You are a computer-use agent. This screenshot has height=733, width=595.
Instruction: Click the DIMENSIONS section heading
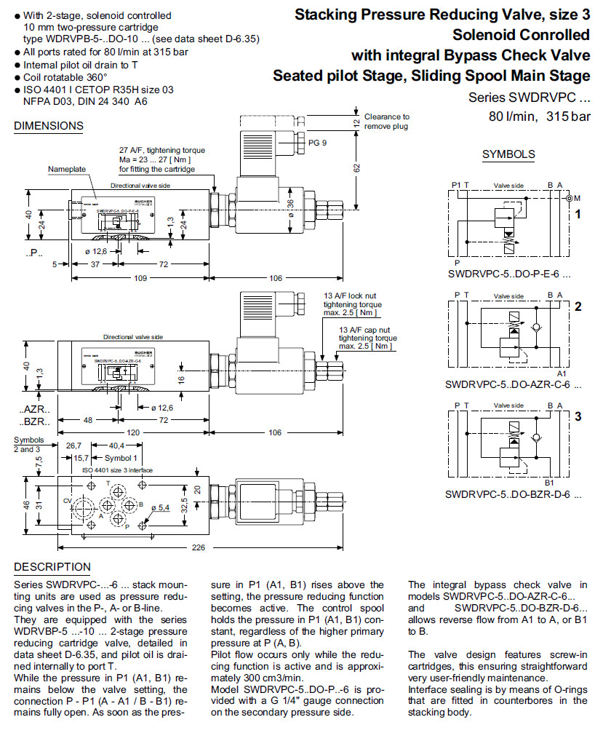coord(49,125)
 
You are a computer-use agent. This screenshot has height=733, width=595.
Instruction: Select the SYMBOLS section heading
coord(508,154)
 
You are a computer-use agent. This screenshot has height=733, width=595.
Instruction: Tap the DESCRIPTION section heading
coord(52,567)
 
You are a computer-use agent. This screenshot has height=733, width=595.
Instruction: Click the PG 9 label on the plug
coord(318,143)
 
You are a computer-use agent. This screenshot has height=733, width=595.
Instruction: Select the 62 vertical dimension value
coord(357,167)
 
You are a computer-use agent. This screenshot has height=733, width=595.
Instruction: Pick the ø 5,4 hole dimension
coord(160,507)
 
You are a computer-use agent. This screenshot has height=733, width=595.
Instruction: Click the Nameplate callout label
coord(67,169)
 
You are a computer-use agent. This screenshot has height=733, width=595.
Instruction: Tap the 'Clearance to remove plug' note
coord(386,121)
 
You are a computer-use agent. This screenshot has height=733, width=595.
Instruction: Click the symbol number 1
coord(578,215)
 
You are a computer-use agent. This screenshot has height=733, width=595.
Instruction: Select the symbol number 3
coord(578,417)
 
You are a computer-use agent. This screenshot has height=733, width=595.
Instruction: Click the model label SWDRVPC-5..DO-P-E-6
coord(509,276)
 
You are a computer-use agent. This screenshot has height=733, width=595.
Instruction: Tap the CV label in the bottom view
coord(67,501)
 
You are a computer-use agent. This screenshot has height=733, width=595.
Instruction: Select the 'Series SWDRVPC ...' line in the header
coord(529,98)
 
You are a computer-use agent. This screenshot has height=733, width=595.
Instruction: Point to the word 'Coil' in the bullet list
coord(33,76)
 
